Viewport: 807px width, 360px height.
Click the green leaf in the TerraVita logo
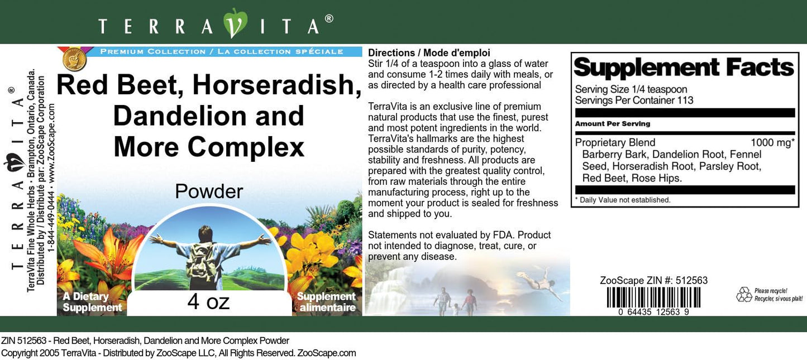[235, 22]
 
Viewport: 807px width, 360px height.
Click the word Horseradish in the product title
[276, 86]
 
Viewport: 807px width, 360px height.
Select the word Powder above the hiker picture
[209, 191]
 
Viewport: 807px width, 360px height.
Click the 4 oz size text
[208, 301]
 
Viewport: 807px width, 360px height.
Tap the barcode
[653, 297]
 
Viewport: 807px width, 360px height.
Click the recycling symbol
[744, 295]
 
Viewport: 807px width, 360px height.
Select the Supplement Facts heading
[684, 68]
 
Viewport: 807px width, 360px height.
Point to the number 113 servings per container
[685, 100]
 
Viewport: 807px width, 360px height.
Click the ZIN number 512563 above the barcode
[691, 280]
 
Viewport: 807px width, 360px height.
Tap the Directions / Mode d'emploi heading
[429, 53]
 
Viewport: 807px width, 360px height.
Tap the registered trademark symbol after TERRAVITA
[329, 18]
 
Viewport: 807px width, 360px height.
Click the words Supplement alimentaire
[327, 302]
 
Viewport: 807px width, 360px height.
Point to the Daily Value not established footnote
[623, 200]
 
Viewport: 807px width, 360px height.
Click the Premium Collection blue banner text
[222, 51]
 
